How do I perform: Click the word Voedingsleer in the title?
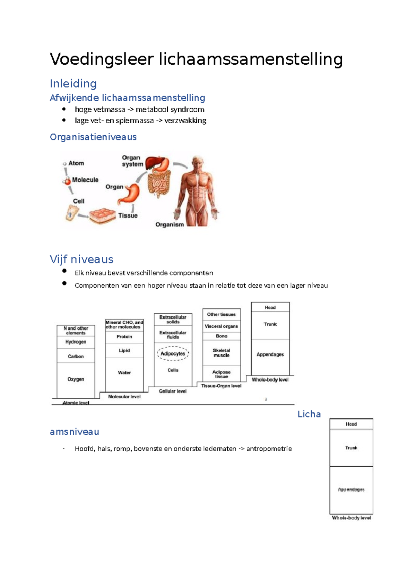[102, 60]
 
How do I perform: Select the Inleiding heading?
[73, 84]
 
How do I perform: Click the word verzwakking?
[185, 121]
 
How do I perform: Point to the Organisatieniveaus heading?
[93, 137]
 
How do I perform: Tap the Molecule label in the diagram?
[85, 180]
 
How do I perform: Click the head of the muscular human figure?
[198, 162]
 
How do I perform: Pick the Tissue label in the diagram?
[128, 216]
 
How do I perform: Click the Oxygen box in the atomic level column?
[76, 379]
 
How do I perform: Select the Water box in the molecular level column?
[124, 373]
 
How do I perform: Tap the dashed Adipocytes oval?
[173, 354]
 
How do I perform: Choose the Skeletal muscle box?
[222, 353]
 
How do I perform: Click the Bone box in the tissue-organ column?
[222, 336]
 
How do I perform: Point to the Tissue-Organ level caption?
[221, 386]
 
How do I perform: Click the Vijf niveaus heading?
[81, 260]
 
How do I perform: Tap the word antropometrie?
[269, 449]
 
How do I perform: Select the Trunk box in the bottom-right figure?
[351, 448]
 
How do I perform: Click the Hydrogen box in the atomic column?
[76, 342]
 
